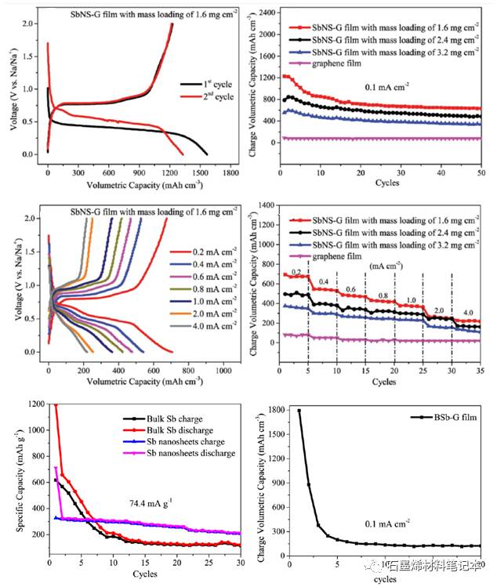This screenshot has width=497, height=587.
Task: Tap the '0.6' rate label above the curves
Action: click(352, 289)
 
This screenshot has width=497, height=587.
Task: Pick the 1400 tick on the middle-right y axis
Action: click(265, 205)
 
